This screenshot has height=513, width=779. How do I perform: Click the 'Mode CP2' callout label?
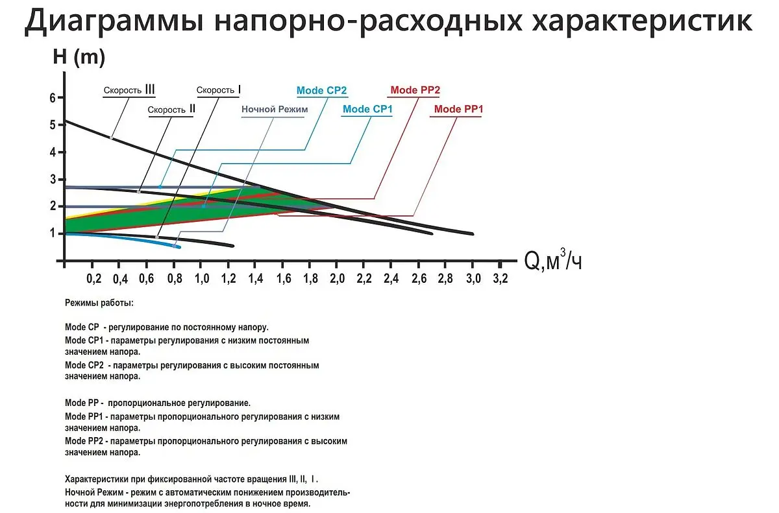(x=322, y=91)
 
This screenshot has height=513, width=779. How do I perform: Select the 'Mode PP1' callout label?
(x=459, y=109)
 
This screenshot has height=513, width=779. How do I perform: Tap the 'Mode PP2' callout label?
(x=415, y=90)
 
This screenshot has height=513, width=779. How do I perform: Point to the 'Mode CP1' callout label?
(x=367, y=109)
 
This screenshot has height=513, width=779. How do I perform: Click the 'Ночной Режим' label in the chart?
(x=275, y=110)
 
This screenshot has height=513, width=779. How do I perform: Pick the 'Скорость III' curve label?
(x=129, y=90)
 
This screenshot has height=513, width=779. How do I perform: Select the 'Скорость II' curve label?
(x=171, y=110)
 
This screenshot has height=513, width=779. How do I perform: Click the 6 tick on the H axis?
(x=53, y=98)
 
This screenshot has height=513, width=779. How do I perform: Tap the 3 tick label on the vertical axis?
(x=53, y=179)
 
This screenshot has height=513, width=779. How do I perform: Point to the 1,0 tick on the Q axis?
(x=202, y=279)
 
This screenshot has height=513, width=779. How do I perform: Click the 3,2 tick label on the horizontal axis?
(x=501, y=279)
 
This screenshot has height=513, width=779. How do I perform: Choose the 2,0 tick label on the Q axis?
(x=338, y=279)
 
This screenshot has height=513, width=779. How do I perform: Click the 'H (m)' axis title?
(x=79, y=56)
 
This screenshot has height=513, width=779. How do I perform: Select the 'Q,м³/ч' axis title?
(x=553, y=260)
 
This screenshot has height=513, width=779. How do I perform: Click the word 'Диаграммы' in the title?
(x=114, y=21)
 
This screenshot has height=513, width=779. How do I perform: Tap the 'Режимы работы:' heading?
(x=99, y=303)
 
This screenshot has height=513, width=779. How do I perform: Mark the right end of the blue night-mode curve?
(x=179, y=247)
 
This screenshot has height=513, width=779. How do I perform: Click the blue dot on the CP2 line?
(x=160, y=187)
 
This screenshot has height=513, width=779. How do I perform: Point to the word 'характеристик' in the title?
(x=642, y=21)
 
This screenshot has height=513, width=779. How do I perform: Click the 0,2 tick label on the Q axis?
(x=94, y=279)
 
